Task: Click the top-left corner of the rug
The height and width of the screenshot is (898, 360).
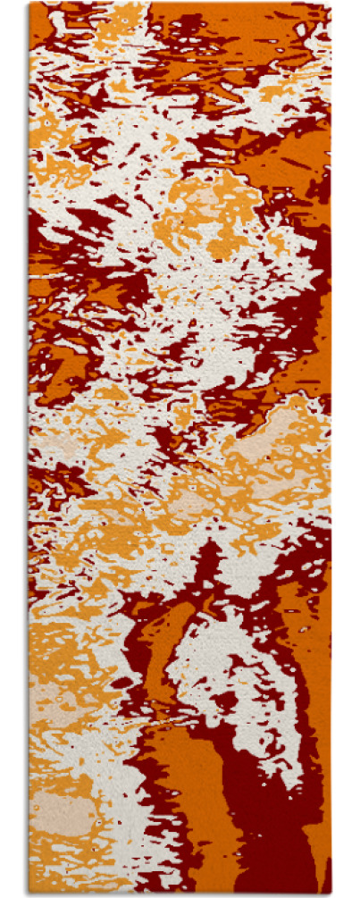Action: pyautogui.click(x=29, y=4)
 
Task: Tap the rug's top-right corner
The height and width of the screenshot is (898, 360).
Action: pyautogui.click(x=331, y=4)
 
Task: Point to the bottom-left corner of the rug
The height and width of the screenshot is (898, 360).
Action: pyautogui.click(x=29, y=894)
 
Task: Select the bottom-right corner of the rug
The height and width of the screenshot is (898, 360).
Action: pyautogui.click(x=331, y=894)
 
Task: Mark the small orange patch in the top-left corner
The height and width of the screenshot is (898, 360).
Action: pyautogui.click(x=40, y=22)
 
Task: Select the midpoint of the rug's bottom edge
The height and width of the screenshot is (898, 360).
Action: pyautogui.click(x=180, y=894)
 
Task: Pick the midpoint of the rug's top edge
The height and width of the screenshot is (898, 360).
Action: pyautogui.click(x=180, y=4)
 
